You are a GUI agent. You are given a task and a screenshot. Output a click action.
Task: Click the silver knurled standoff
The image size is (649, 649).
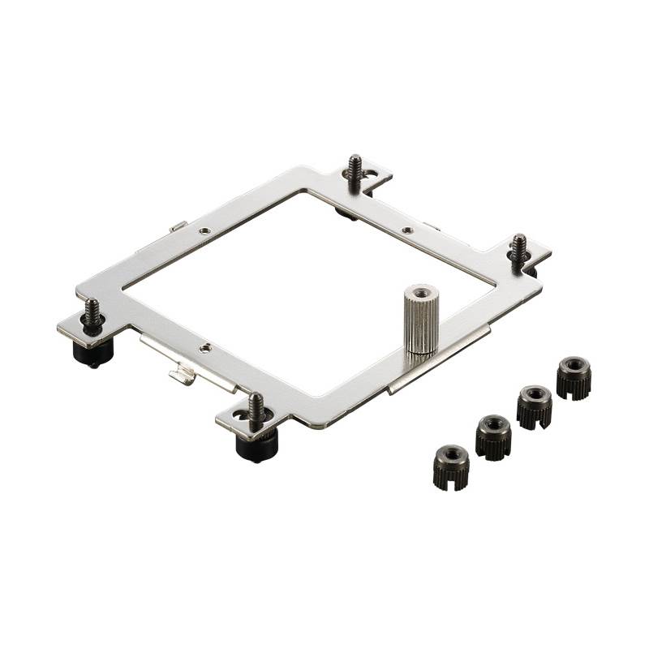pos(421,324)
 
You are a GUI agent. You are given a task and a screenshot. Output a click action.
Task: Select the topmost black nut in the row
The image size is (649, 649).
pos(574,377)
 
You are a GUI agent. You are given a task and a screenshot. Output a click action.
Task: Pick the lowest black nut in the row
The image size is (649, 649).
pos(451,467)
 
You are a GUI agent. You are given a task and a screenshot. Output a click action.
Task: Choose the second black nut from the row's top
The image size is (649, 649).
pos(535,406)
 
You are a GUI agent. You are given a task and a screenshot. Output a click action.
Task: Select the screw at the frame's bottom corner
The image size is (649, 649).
pos(256,409)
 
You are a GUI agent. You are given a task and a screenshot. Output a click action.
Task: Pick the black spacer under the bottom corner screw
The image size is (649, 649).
pos(256,443)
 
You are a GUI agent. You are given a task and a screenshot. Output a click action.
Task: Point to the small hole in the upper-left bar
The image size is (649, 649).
pos(205,230)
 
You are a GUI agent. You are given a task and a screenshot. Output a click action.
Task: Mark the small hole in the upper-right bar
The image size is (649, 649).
pos(407,230)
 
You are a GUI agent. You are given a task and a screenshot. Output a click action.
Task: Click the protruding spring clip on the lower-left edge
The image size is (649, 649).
pos(183,374)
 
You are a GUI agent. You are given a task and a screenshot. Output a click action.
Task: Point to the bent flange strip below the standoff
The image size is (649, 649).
pos(438,362)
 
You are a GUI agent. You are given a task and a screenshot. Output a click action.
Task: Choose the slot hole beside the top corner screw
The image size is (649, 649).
pos(371,172)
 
